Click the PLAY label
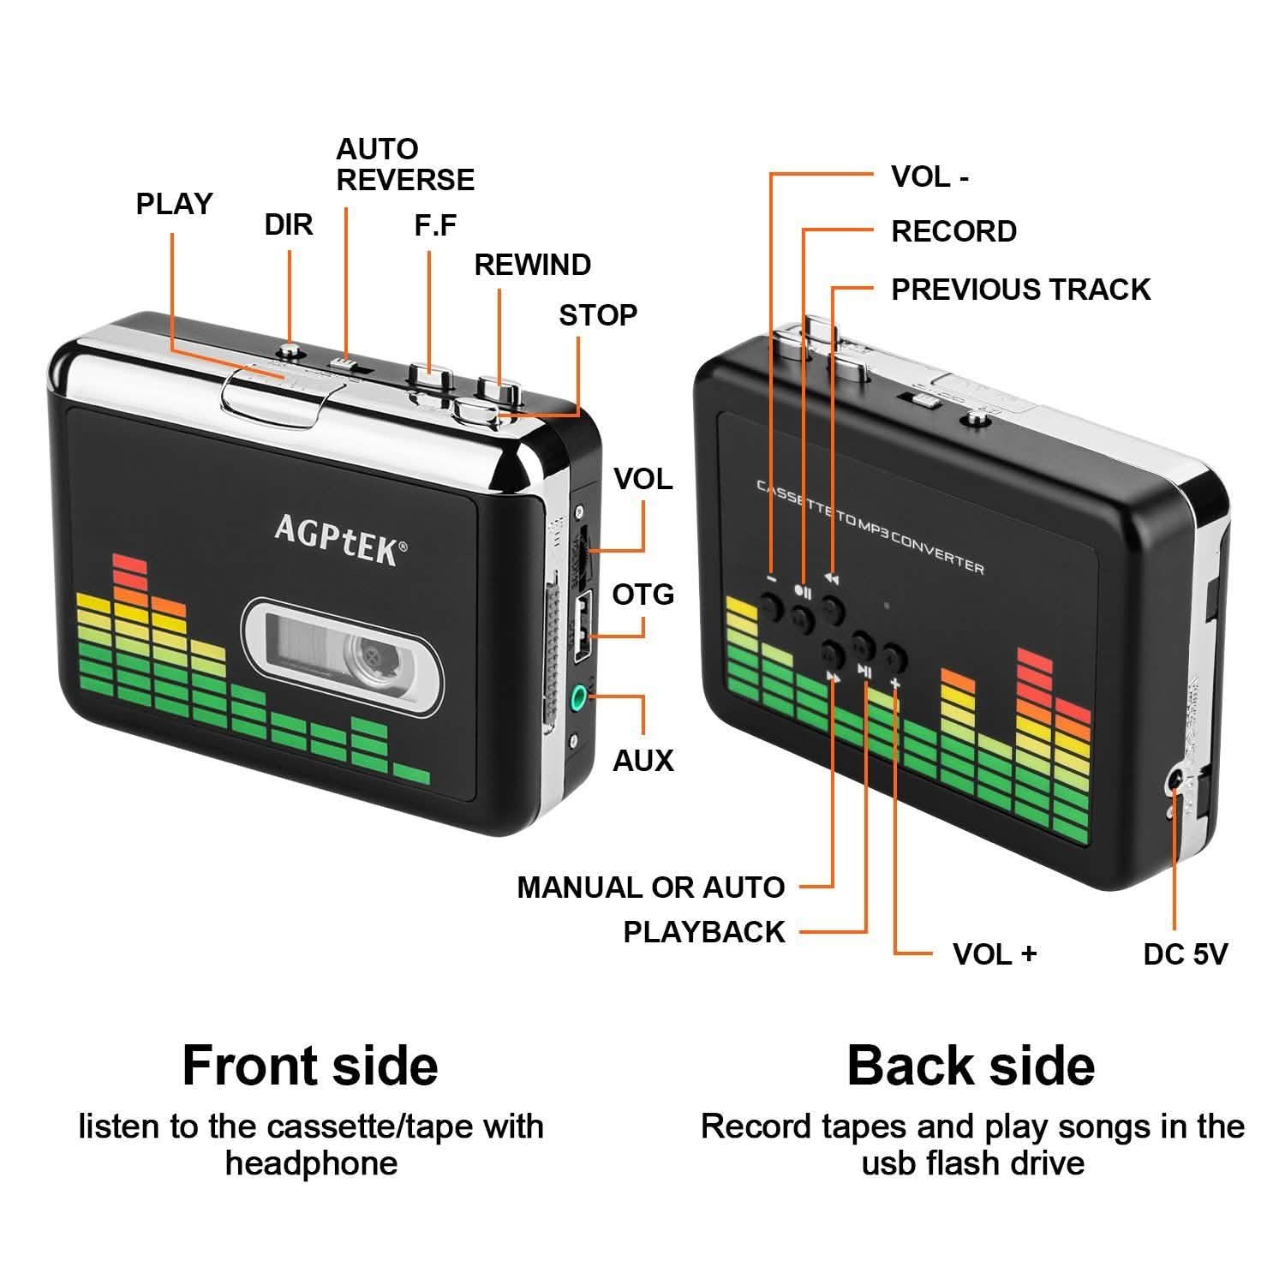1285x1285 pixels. click(174, 204)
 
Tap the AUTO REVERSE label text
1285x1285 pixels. click(404, 164)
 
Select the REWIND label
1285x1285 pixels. click(532, 265)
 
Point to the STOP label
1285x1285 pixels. click(598, 315)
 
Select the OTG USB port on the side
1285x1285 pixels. click(583, 626)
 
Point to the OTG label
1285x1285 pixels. click(642, 595)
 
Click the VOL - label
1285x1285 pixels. click(929, 176)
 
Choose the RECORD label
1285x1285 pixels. click(953, 231)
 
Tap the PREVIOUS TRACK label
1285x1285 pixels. click(1020, 290)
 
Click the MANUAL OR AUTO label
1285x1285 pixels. click(650, 888)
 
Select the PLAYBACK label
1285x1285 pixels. click(703, 932)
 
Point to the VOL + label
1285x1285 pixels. click(994, 953)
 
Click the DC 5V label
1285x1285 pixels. click(1185, 953)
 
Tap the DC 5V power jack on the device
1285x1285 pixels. click(1178, 782)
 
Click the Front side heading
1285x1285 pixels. click(310, 1066)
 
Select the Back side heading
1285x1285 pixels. click(971, 1066)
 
